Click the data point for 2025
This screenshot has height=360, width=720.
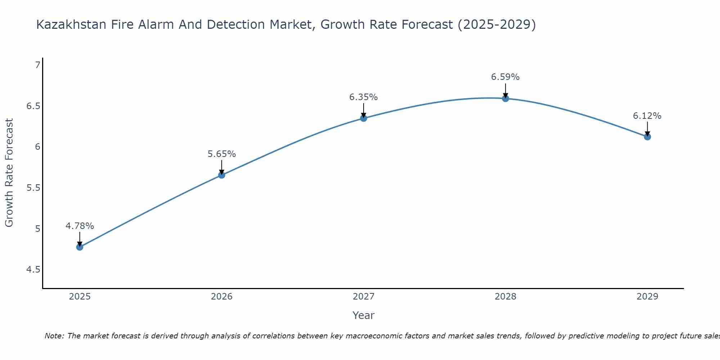tap(80, 247)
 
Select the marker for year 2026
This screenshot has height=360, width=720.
tap(222, 175)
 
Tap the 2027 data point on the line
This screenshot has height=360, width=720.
tap(364, 118)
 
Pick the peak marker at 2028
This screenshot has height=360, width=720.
tap(505, 98)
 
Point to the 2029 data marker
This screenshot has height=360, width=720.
tap(647, 137)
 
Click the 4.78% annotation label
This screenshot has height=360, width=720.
tap(80, 226)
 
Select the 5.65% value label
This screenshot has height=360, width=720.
tap(222, 154)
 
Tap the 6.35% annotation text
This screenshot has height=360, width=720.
tap(364, 97)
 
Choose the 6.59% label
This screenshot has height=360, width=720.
tap(505, 77)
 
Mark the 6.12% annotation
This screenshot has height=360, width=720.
tap(647, 116)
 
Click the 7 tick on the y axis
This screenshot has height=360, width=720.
tap(37, 65)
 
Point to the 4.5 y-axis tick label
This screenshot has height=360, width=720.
tap(33, 270)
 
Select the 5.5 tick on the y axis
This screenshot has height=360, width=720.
tap(33, 188)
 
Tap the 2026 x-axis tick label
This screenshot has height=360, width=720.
tap(222, 297)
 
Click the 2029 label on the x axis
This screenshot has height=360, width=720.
tap(647, 297)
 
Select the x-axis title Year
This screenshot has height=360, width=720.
tap(364, 315)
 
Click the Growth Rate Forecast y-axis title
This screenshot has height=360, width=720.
tap(9, 173)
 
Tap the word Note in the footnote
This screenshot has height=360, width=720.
tap(54, 336)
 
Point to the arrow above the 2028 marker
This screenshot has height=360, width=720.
tap(505, 90)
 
